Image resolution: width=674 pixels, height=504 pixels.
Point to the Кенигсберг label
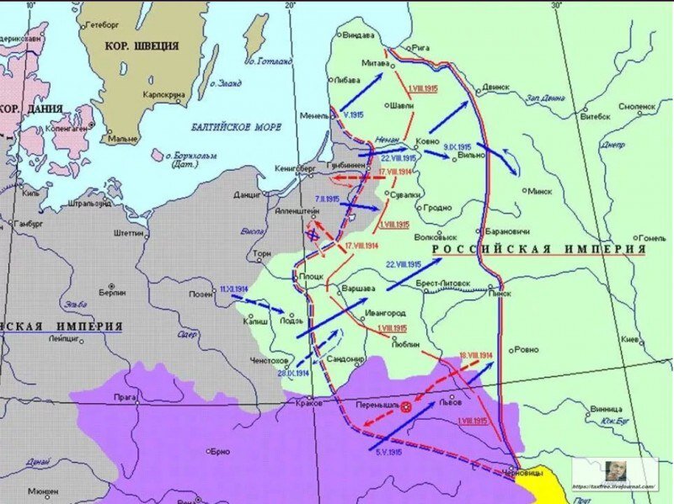pyautogui.click(x=295, y=167)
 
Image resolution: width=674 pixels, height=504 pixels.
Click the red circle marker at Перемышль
pyautogui.click(x=406, y=406)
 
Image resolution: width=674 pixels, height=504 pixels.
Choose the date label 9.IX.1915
pyautogui.click(x=457, y=146)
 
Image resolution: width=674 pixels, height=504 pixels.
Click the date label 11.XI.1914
pyautogui.click(x=233, y=289)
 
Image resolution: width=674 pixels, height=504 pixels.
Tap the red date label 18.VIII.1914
pyautogui.click(x=475, y=356)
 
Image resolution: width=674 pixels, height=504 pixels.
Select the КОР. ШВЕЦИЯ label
pyautogui.click(x=142, y=46)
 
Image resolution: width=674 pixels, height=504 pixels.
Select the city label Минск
pyautogui.click(x=538, y=190)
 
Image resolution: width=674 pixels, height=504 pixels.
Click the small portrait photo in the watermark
pyautogui.click(x=615, y=470)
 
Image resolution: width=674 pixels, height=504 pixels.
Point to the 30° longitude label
pyautogui.click(x=556, y=5)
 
